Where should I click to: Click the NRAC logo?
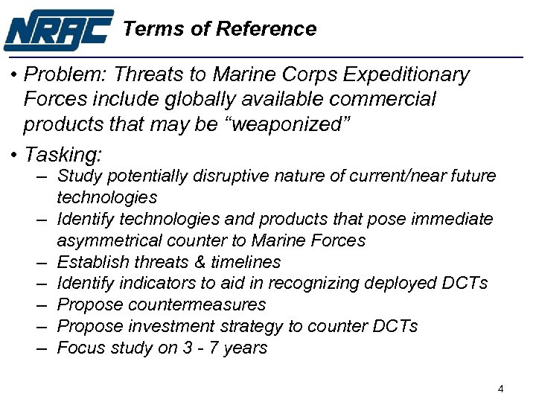coord(59,29)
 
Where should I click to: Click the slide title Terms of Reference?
coord(220,29)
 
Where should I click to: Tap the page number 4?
coord(501,389)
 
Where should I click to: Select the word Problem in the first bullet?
coord(56,75)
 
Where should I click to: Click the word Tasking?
coord(63,155)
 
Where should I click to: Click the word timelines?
coord(247,262)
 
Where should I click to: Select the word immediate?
coord(453,219)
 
